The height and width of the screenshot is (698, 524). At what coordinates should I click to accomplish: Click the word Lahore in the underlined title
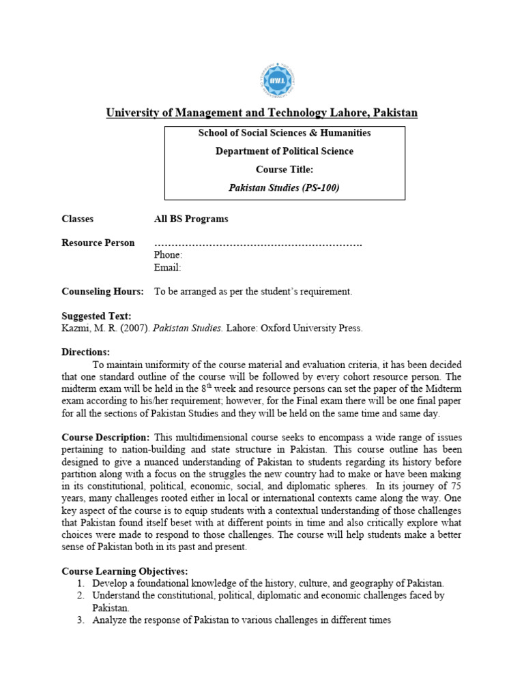[x=349, y=112]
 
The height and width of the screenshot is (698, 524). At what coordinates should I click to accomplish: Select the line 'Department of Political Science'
[x=285, y=151]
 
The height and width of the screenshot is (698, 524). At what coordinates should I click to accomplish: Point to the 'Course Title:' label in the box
[x=285, y=169]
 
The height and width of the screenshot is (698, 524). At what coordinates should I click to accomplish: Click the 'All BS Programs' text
[x=191, y=219]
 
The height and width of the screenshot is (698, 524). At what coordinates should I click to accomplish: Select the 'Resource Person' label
[x=98, y=243]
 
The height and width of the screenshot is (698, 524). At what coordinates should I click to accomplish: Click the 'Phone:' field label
[x=168, y=255]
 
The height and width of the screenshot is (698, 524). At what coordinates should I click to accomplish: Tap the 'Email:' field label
[x=167, y=267]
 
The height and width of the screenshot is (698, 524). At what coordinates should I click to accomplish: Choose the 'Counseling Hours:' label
[x=102, y=291]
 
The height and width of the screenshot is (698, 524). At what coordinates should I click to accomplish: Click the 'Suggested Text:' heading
[x=96, y=316]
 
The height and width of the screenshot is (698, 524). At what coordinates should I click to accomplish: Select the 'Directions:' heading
[x=85, y=352]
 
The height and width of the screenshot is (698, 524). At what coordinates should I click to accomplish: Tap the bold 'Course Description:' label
[x=105, y=437]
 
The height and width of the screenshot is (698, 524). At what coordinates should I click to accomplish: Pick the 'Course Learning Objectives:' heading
[x=125, y=571]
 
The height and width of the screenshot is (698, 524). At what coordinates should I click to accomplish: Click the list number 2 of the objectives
[x=80, y=596]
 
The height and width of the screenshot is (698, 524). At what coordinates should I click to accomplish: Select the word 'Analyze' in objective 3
[x=111, y=620]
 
